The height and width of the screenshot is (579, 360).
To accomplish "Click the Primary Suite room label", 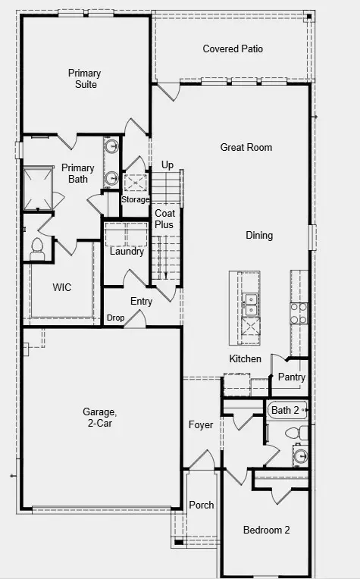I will [84, 79].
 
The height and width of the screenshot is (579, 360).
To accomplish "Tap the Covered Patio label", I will [233, 49].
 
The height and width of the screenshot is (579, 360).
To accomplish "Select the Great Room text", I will [246, 147].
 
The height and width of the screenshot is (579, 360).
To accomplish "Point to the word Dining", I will [258, 236].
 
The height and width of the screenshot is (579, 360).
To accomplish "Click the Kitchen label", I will [245, 358].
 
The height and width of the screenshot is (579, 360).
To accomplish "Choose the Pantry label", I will [291, 377].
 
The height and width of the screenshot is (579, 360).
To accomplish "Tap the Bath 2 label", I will [285, 410].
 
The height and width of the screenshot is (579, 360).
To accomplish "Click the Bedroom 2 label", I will [266, 530].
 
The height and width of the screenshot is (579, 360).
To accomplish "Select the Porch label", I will [201, 505].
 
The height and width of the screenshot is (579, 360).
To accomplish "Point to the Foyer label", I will [201, 425].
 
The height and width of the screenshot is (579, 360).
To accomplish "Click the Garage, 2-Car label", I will [99, 418].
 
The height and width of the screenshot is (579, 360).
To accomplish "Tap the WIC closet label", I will [62, 288].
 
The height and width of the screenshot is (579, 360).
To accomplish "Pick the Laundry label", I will [127, 252].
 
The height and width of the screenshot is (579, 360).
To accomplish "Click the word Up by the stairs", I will [167, 165].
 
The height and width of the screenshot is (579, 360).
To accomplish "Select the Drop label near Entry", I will [115, 318].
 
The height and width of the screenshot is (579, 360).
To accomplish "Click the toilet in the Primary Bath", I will [37, 249].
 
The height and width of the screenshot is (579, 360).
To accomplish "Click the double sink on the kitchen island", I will [249, 305].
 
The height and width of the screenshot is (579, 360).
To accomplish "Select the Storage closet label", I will [136, 199].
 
